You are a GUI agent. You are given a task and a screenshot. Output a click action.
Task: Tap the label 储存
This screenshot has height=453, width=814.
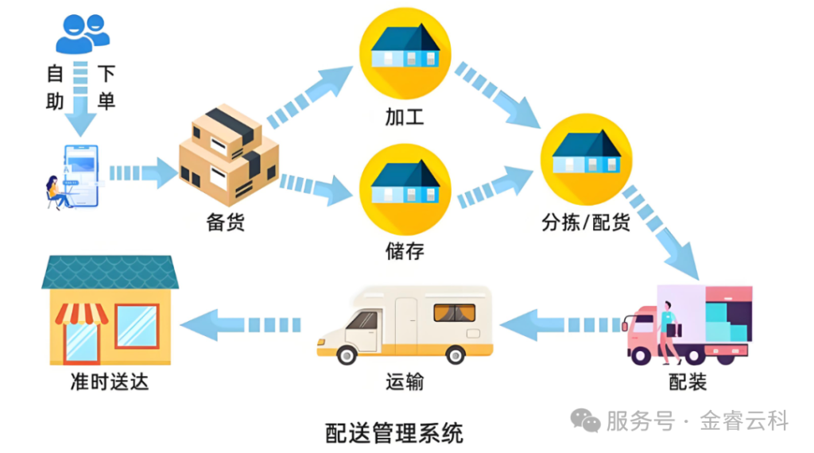click(405, 252)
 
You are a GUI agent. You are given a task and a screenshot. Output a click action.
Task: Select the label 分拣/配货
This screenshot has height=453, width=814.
click(586, 223)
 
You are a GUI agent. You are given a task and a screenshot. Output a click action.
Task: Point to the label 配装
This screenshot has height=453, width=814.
click(688, 382)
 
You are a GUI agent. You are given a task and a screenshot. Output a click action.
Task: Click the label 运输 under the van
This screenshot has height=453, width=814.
click(405, 382)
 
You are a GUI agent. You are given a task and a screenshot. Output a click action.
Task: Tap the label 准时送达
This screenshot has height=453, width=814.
click(109, 382)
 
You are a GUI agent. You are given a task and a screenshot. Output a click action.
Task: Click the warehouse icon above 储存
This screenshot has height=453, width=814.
click(405, 188)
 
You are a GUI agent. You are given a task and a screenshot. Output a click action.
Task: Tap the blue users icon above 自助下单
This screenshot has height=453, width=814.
click(82, 34)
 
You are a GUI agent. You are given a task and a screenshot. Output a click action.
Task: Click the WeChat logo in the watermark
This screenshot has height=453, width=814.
click(587, 420)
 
